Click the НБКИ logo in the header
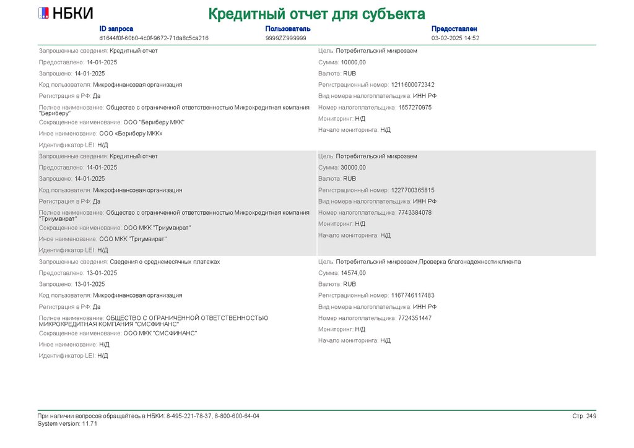tap(65, 14)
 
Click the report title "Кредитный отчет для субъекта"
tap(316, 14)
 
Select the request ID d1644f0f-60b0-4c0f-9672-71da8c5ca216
tap(154, 38)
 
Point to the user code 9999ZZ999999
tap(285, 38)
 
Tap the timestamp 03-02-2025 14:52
tap(455, 38)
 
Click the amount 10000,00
tap(353, 62)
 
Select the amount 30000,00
tap(353, 168)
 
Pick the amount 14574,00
tap(353, 273)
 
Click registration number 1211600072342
tap(412, 85)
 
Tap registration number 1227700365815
tap(412, 190)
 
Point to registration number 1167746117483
tap(412, 296)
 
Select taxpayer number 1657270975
tap(415, 108)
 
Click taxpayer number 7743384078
tap(415, 213)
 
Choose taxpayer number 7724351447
tap(415, 318)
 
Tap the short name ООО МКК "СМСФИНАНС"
tap(160, 333)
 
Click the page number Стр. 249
tap(584, 416)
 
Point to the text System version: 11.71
tap(67, 424)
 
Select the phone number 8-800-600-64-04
tap(237, 416)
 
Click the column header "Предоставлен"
tap(454, 29)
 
